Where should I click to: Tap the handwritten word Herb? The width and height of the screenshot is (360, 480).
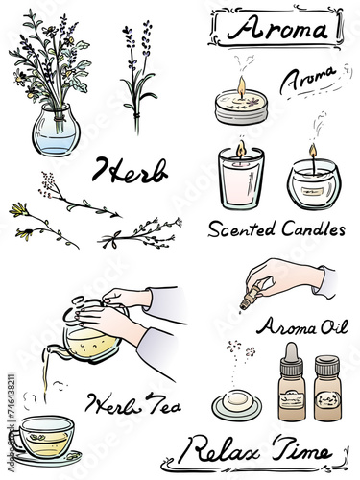130,171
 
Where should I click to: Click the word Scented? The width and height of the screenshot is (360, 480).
242,229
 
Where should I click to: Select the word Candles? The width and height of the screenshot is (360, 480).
314,228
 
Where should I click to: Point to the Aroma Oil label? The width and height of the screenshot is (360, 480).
302,326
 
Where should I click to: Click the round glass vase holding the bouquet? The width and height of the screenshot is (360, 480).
56,130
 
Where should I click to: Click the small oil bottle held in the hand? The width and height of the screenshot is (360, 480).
251,298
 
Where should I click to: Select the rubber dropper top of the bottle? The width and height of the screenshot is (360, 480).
291,354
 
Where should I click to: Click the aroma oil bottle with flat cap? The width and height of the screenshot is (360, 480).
326,388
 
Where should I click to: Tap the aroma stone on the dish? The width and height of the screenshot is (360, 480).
236,400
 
